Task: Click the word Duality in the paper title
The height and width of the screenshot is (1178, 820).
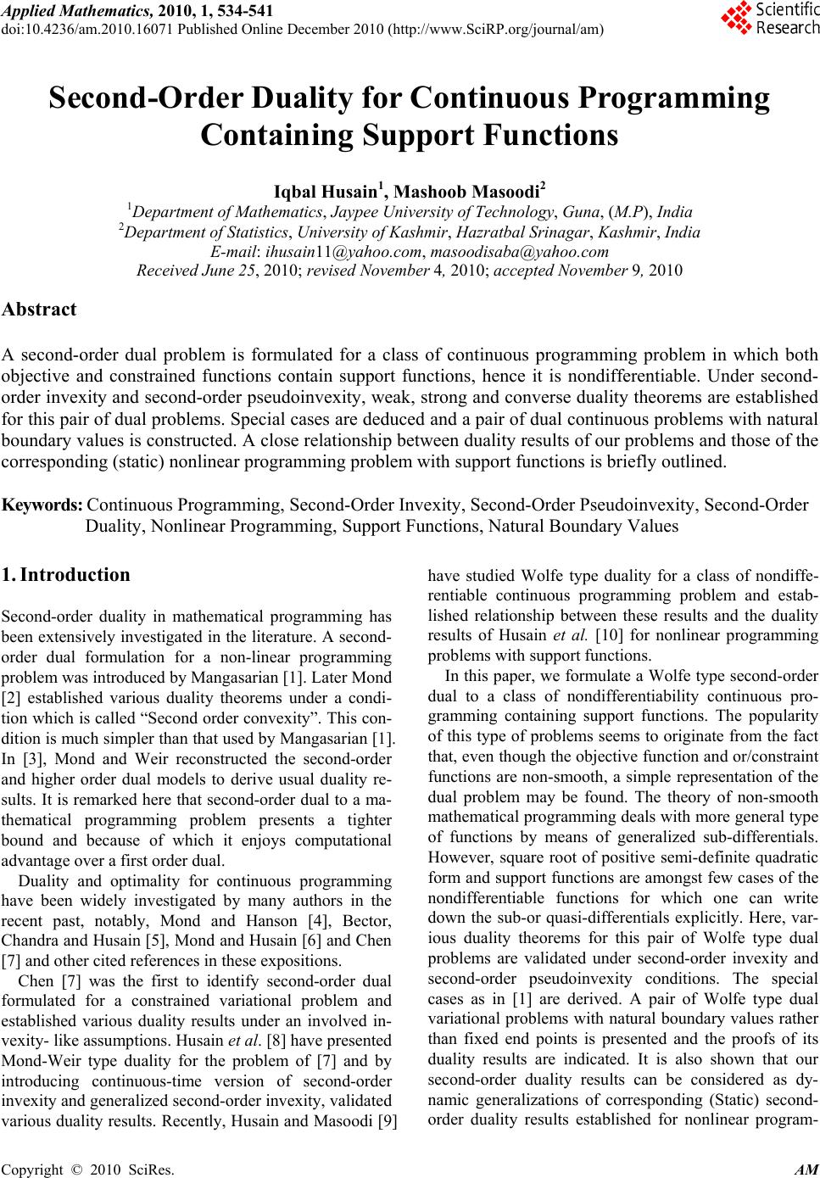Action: (x=290, y=98)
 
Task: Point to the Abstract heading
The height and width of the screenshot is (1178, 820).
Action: (x=39, y=309)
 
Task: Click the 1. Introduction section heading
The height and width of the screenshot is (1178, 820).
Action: (x=66, y=574)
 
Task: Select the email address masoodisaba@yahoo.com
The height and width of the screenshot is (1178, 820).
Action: (x=520, y=251)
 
